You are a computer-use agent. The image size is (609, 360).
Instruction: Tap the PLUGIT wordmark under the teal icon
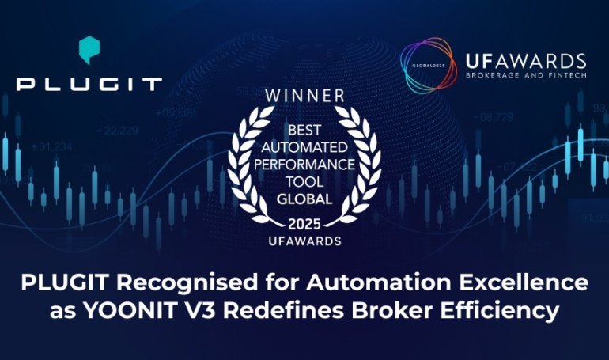[x=89, y=83]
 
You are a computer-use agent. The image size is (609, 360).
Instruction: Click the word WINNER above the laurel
[x=304, y=96]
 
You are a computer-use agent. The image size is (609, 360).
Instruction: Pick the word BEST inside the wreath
[x=304, y=127]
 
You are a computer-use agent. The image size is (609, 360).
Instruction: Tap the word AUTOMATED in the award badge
[x=304, y=148]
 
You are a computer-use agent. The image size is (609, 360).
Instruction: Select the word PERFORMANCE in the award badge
[x=304, y=166]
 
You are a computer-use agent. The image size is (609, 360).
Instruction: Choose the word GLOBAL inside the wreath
[x=304, y=200]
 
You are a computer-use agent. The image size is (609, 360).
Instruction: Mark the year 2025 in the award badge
[x=304, y=222]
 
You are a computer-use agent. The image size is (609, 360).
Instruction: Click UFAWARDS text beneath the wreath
[x=304, y=239]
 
